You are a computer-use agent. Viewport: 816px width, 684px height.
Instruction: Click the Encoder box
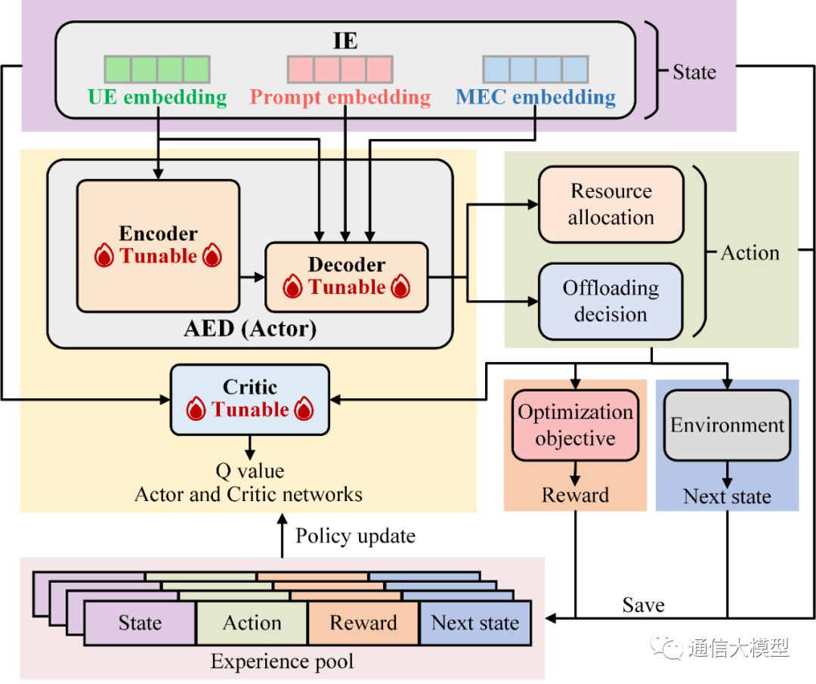click(x=158, y=246)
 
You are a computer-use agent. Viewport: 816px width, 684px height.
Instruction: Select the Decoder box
click(x=347, y=277)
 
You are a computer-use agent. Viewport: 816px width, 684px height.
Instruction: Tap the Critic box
click(x=250, y=399)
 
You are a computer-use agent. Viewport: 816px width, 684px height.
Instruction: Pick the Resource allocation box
click(x=610, y=204)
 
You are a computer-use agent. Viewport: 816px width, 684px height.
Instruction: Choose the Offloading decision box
click(x=610, y=302)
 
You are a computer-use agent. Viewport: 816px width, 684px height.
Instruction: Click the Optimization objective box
click(x=576, y=425)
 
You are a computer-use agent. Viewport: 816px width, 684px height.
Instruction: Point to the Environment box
click(x=728, y=425)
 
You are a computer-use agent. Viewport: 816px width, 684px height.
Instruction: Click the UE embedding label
click(x=157, y=97)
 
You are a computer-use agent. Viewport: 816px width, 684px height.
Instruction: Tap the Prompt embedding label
click(x=340, y=97)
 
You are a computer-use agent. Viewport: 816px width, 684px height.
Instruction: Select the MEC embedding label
click(x=535, y=97)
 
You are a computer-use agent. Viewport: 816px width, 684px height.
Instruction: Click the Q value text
click(x=250, y=472)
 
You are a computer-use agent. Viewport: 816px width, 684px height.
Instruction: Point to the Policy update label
click(x=355, y=537)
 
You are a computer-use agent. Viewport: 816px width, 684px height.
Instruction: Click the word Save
click(x=643, y=605)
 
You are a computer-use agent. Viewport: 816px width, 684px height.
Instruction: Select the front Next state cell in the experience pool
click(x=475, y=624)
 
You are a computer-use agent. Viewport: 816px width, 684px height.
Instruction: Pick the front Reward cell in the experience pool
click(x=363, y=624)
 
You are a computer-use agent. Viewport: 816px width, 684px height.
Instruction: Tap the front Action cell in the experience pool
click(x=252, y=624)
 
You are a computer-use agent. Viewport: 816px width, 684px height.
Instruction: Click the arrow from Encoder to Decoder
click(x=252, y=277)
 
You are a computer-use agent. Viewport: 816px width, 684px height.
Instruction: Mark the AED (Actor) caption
click(x=250, y=329)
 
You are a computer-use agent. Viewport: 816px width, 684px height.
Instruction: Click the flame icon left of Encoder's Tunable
click(x=104, y=257)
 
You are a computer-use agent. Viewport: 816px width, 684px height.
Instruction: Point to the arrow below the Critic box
click(x=250, y=447)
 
